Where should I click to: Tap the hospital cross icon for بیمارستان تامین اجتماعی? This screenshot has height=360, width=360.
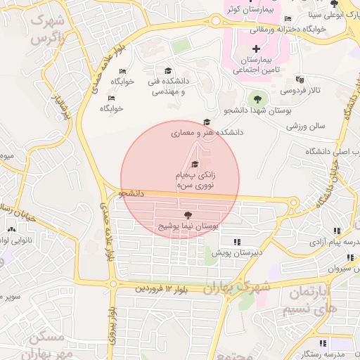coord(255,49)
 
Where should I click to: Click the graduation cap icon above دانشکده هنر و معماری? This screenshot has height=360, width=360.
coord(205,122)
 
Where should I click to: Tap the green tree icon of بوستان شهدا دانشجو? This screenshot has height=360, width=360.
coord(256,98)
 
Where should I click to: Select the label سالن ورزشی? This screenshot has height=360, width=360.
coord(306,127)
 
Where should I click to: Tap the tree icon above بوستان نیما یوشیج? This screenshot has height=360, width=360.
coord(187,214)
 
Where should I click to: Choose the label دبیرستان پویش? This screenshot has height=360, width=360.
coord(237,251)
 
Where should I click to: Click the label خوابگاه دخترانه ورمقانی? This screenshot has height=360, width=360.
coord(313,29)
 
